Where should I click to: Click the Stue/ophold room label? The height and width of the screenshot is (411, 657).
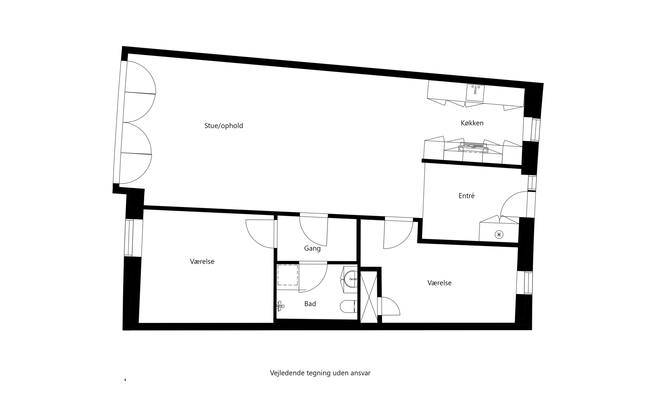tap(223, 126)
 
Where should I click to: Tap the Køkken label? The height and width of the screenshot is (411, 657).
tap(472, 123)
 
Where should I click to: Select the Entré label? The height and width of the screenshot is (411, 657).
tap(466, 196)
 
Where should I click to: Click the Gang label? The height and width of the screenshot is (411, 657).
tap(312, 248)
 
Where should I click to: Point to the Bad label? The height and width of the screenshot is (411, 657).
tap(310, 304)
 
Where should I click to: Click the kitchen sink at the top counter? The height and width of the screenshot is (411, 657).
tap(475, 92)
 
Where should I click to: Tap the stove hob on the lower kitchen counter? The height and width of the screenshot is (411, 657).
tap(474, 147)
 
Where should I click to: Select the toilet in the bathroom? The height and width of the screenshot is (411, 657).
tap(348, 306)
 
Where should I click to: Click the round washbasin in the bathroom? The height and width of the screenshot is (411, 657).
tap(351, 279)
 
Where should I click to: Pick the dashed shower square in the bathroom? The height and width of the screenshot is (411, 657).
tap(288, 275)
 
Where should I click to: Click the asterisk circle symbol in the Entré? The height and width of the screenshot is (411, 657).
tap(499, 235)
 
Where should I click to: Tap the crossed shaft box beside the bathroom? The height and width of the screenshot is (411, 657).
tap(369, 297)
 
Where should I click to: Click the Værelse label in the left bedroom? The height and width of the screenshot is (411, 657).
tap(202, 262)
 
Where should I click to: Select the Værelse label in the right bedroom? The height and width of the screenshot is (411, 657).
tap(439, 283)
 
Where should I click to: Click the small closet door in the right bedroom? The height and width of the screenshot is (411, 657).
tap(390, 306)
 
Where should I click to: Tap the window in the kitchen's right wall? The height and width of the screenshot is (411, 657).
tap(532, 129)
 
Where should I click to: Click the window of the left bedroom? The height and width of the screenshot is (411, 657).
tap(129, 238)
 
